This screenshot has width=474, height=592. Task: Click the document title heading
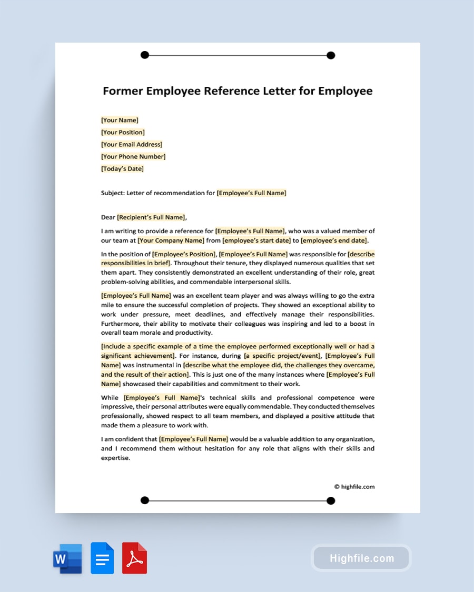(x=238, y=91)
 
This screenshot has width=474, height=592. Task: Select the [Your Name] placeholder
(x=120, y=120)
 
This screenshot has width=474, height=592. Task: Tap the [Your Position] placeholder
(x=123, y=132)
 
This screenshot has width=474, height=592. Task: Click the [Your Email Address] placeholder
(x=132, y=144)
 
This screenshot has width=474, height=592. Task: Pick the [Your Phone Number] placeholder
(x=133, y=156)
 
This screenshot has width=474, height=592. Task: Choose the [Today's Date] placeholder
(x=122, y=169)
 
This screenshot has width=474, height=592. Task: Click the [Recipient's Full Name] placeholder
(x=151, y=217)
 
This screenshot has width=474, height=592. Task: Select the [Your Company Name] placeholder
(x=171, y=240)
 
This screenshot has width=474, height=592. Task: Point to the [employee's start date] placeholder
(x=256, y=240)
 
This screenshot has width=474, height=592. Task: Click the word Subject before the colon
(x=112, y=193)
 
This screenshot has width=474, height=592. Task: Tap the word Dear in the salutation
(x=108, y=217)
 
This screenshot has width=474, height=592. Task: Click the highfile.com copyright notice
(x=354, y=487)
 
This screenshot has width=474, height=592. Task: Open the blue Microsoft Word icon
(x=68, y=558)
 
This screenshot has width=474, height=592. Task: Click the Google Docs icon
(x=102, y=558)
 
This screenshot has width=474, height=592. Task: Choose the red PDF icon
(x=134, y=558)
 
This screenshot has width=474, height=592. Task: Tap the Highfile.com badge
(x=361, y=558)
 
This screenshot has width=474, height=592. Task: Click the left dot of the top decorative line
(x=145, y=55)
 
